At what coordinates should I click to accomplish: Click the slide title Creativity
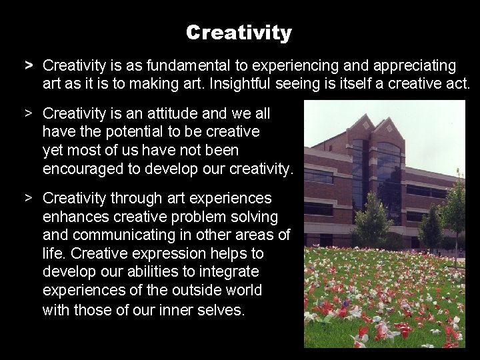239,32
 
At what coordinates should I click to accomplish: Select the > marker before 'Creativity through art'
29,198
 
